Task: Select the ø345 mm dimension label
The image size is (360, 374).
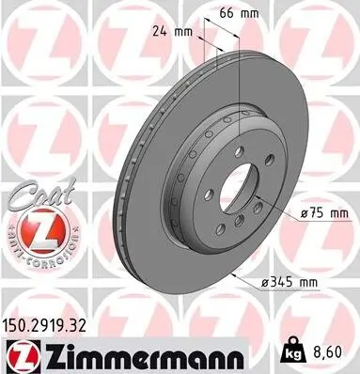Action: (x=294, y=279)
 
